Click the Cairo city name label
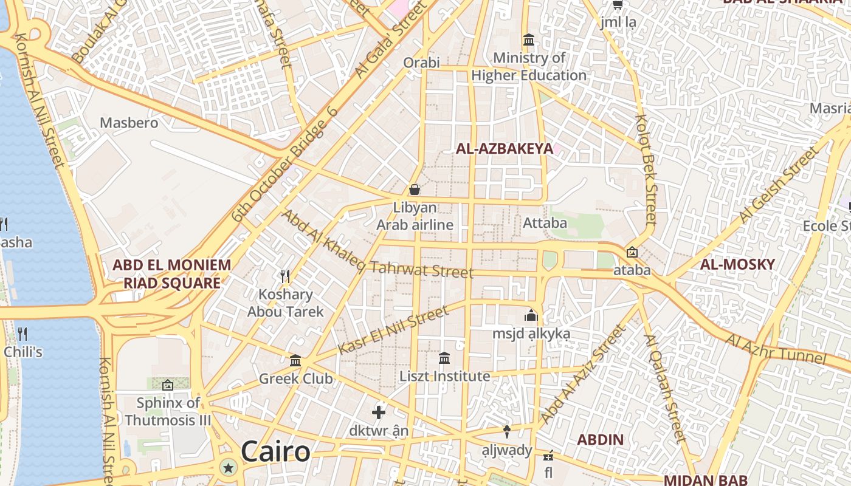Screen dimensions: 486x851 275,452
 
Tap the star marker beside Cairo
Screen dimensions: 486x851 229,467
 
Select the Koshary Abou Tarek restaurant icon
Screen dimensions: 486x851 285,276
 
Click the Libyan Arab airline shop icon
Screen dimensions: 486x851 415,190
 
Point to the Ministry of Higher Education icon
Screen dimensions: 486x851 529,40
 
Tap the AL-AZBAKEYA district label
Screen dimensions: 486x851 505,149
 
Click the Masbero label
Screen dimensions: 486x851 129,123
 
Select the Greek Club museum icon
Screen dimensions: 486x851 295,361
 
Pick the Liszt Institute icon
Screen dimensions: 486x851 444,358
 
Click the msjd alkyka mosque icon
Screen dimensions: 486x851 531,316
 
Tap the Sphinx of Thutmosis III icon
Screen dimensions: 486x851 168,385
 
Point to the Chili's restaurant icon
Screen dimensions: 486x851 22,334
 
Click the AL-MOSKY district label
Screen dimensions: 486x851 737,264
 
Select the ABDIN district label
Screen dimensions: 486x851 601,440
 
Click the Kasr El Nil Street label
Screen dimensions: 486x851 393,330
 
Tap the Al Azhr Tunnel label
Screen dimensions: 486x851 777,349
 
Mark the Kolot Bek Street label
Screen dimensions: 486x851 646,169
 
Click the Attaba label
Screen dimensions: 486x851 545,223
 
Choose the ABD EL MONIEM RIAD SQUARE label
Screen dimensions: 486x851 172,274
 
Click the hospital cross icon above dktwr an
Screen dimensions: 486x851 379,412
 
